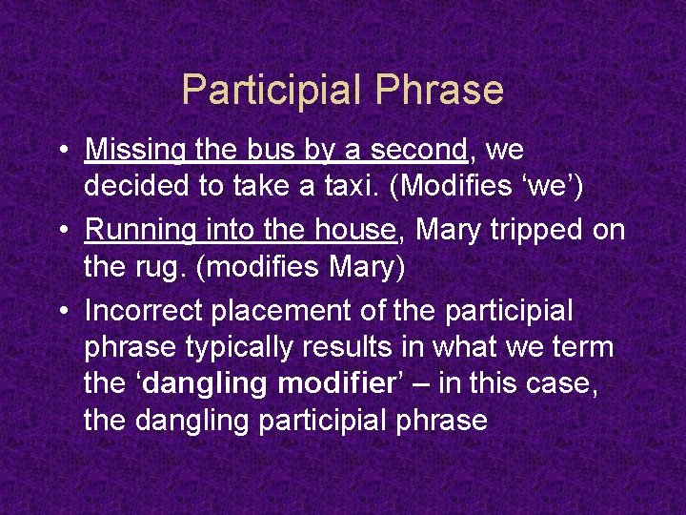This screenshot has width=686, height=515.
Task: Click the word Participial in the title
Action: (272, 90)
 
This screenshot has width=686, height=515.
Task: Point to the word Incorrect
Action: (143, 311)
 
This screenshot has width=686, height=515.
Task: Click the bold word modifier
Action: (332, 384)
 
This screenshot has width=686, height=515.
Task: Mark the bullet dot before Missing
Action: (61, 152)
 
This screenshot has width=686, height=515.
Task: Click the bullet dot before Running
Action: (61, 232)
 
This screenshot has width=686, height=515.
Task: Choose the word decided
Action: (136, 187)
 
